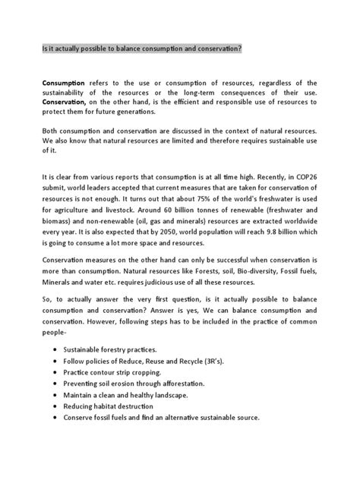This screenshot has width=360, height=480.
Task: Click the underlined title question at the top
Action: tap(152, 48)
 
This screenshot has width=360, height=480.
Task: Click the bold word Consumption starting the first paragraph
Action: tap(66, 81)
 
